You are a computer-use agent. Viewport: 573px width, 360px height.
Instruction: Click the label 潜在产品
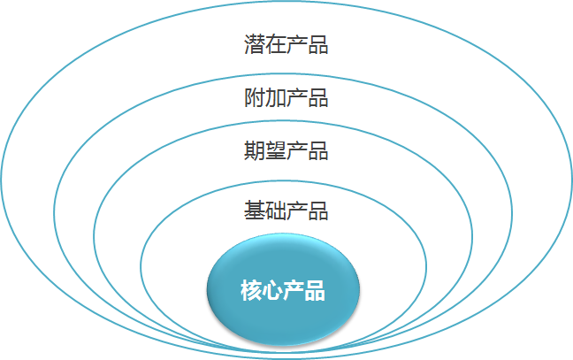pyautogui.click(x=286, y=45)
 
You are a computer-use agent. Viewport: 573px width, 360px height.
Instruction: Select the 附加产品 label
pyautogui.click(x=286, y=97)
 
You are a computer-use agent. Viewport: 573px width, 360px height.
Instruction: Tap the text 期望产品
pyautogui.click(x=286, y=151)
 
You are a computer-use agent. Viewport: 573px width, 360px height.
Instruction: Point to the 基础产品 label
pyautogui.click(x=286, y=211)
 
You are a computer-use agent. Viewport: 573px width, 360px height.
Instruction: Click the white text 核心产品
pyautogui.click(x=283, y=289)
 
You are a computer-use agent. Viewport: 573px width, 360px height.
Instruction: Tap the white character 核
pyautogui.click(x=251, y=289)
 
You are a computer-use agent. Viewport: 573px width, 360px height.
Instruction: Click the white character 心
pyautogui.click(x=272, y=289)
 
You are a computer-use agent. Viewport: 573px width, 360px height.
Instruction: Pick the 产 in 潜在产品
pyautogui.click(x=296, y=45)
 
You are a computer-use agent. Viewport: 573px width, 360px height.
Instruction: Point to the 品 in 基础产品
pyautogui.click(x=317, y=211)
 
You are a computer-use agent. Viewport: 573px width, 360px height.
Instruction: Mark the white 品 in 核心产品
pyautogui.click(x=315, y=289)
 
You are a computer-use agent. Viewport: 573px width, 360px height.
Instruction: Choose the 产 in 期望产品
pyautogui.click(x=296, y=151)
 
